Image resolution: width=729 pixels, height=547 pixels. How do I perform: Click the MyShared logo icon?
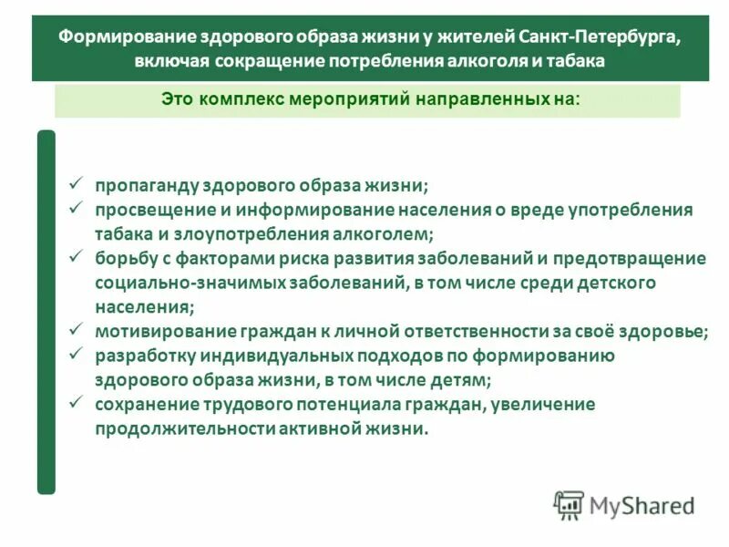point(569,505)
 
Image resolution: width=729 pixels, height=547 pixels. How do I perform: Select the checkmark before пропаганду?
point(77,182)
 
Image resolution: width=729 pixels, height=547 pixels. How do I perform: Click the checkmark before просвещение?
point(77,208)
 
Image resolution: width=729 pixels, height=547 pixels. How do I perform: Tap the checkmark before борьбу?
point(77,257)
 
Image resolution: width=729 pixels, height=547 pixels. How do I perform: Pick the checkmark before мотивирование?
point(77,330)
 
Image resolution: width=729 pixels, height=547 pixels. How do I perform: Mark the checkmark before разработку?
point(77,354)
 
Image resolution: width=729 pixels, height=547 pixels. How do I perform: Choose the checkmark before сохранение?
point(77,403)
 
